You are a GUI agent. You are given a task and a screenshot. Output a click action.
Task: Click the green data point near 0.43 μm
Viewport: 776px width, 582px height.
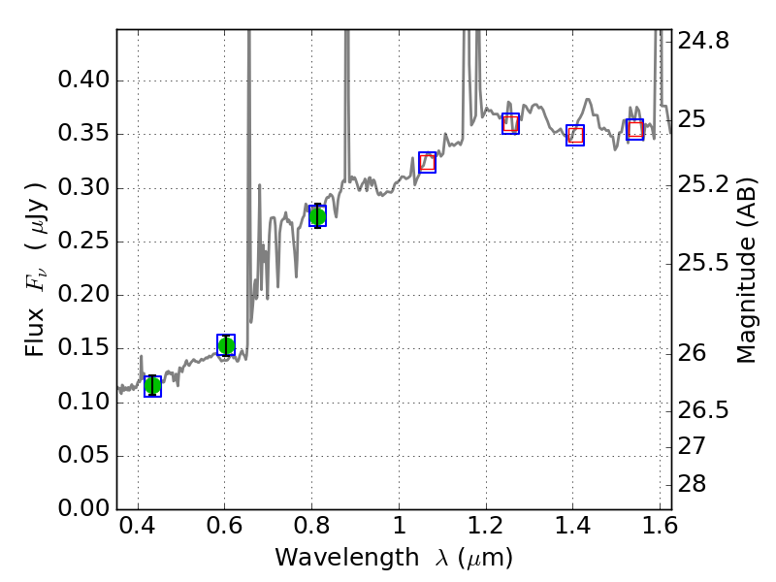152,386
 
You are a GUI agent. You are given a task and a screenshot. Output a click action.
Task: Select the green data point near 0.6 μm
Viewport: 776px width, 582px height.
226,345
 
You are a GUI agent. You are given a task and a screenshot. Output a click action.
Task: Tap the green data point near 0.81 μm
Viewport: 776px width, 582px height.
317,216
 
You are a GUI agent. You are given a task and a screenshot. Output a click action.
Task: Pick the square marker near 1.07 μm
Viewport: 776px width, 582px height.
427,162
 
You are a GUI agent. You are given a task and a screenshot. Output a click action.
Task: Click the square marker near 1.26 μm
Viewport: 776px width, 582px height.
510,123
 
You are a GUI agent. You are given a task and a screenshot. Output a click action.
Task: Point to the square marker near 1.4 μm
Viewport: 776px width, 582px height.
575,135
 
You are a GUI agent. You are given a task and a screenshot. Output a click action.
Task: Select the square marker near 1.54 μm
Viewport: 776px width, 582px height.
634,130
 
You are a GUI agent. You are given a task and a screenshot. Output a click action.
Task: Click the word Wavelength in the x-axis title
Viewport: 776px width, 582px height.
330,559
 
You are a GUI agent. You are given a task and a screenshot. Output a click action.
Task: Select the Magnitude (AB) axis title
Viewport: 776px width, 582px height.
747,270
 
